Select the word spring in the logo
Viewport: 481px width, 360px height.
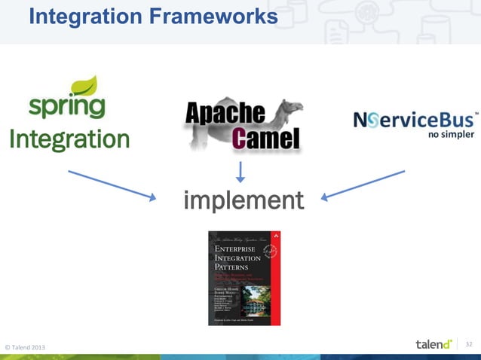[x=66, y=106]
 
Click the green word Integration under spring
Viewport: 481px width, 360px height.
[x=69, y=139]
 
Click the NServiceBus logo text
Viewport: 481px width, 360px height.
[x=414, y=120]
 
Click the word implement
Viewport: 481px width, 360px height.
[x=244, y=201]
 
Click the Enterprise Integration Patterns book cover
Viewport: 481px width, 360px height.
[x=244, y=278]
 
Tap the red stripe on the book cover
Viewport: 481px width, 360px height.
[x=276, y=278]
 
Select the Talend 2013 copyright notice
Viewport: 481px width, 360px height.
[x=25, y=346]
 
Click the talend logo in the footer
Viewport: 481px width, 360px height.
[x=433, y=344]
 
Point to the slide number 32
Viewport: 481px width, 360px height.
[x=469, y=344]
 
